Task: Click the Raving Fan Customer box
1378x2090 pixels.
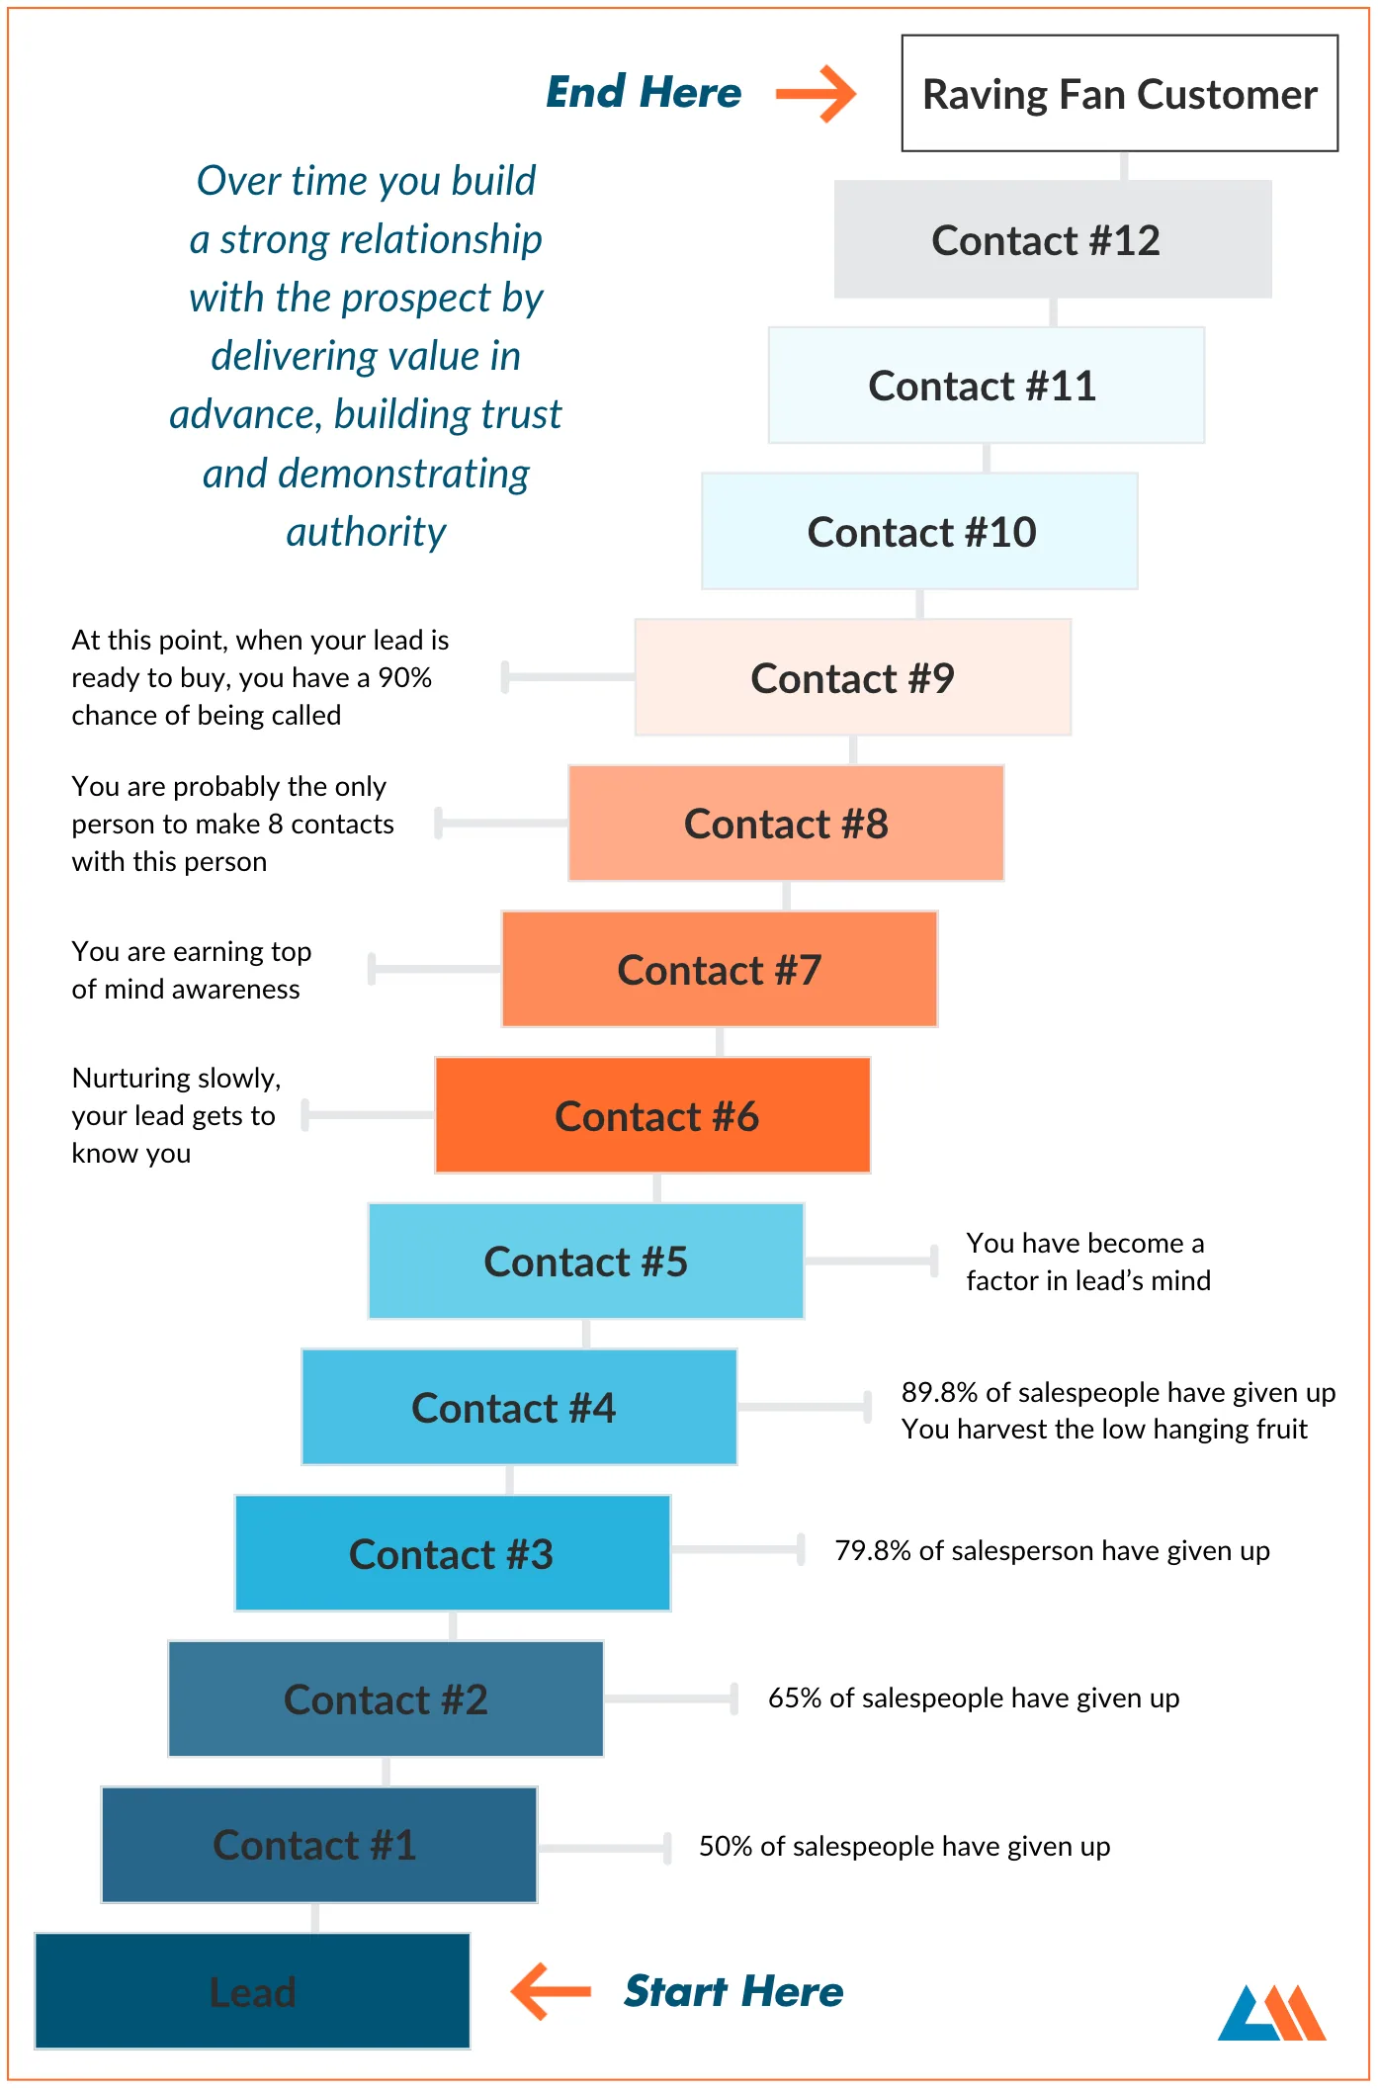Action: (1119, 94)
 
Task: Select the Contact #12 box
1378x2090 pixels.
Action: (1053, 239)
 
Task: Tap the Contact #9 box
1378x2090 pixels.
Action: (852, 677)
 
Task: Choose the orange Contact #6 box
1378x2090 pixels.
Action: (652, 1115)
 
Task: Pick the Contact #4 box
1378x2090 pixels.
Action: (519, 1407)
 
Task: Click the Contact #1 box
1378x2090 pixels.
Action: (319, 1845)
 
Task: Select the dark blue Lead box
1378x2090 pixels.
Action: (252, 1991)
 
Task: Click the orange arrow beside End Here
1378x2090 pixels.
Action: (816, 94)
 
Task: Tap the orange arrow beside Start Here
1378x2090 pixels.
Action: (551, 1991)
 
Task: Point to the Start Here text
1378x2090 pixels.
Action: (733, 1991)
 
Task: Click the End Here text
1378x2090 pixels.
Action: (644, 93)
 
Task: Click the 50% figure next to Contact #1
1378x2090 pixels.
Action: (726, 1846)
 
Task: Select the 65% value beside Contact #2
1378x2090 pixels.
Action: (795, 1698)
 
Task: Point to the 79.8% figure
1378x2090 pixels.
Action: (873, 1550)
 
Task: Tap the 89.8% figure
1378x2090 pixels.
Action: (939, 1392)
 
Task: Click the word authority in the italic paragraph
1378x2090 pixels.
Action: (366, 532)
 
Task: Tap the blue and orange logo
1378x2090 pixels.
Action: (1272, 2012)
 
